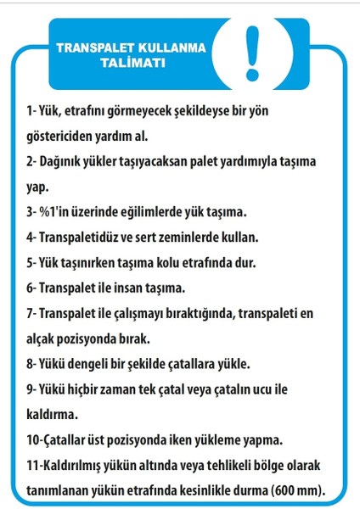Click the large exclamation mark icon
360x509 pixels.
251,51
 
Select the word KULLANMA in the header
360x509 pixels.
170,48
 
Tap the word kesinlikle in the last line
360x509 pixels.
209,490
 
